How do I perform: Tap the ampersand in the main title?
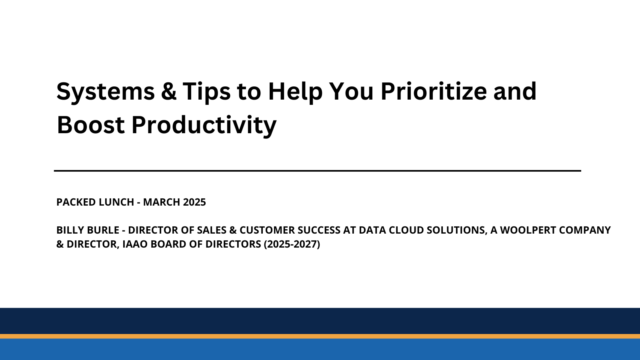click(x=168, y=91)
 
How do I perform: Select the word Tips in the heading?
click(x=206, y=92)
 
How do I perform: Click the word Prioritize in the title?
click(x=434, y=91)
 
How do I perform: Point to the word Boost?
click(x=91, y=125)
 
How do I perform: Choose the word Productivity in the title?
click(x=204, y=125)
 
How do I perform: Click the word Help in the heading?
click(x=295, y=92)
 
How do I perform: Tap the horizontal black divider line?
click(x=317, y=171)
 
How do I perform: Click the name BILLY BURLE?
click(x=88, y=230)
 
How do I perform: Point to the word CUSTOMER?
click(x=267, y=230)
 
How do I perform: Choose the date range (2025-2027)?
click(x=292, y=244)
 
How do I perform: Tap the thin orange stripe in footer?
click(x=320, y=336)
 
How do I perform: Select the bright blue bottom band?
click(x=320, y=350)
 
